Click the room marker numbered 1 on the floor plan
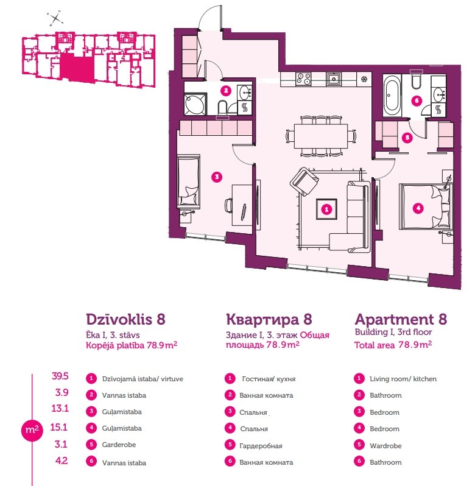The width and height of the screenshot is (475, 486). (x=326, y=210)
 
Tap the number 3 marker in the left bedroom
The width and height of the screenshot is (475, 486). (x=217, y=177)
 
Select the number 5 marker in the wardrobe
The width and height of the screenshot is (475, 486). (x=407, y=137)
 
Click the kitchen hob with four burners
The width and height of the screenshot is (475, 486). (x=303, y=79)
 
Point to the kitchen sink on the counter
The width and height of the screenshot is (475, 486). (x=333, y=79)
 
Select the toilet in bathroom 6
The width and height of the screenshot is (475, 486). (x=416, y=80)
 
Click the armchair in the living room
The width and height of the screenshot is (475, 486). (x=304, y=181)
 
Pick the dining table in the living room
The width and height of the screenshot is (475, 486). (x=321, y=136)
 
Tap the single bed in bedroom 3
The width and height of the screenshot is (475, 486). (x=188, y=182)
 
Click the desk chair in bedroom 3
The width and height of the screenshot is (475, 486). (x=228, y=205)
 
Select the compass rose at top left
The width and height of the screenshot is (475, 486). (x=55, y=19)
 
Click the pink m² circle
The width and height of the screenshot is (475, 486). (x=32, y=430)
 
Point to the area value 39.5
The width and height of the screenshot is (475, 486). (x=60, y=376)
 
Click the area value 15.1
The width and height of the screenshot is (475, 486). (x=59, y=428)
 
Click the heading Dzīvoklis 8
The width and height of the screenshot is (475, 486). (x=125, y=319)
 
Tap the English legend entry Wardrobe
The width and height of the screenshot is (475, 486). (x=385, y=446)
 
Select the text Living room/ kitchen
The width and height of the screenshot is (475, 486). (x=403, y=379)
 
